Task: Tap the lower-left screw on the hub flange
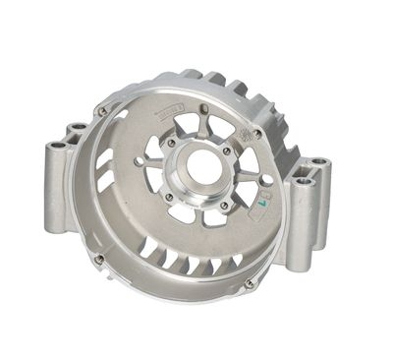pos(168,197)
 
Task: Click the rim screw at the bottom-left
pos(99,259)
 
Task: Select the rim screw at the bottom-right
pos(249,283)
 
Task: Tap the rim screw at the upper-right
pos(257,133)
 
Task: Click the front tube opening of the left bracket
pos(56,145)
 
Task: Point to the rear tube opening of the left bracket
pos(76,128)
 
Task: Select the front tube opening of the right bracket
pos(304,181)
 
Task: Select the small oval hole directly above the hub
pos(203,108)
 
